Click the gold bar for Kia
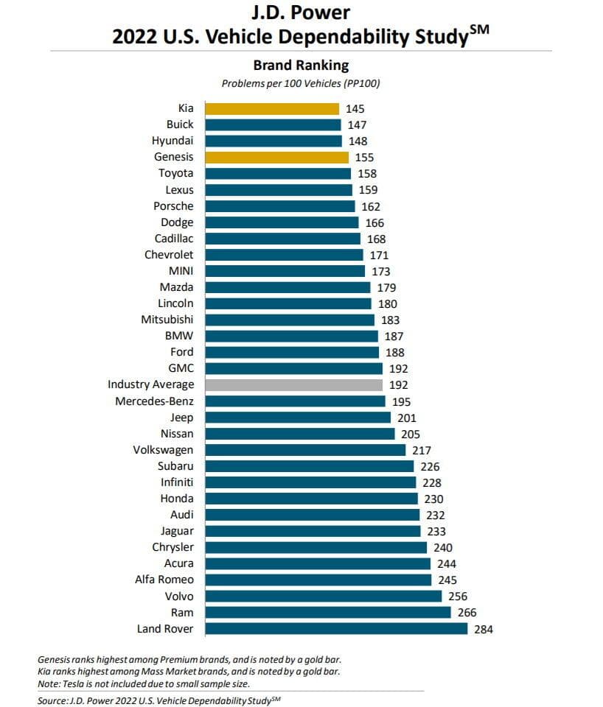click(272, 109)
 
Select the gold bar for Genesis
click(276, 157)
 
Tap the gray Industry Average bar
click(293, 384)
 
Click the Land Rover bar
click(336, 629)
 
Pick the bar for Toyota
click(278, 174)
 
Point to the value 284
click(483, 629)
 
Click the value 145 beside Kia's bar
click(355, 109)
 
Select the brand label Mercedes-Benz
click(155, 401)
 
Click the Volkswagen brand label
click(163, 449)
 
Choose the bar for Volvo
click(323, 597)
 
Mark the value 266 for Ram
click(467, 613)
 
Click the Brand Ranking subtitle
click(301, 65)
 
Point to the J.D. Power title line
click(301, 13)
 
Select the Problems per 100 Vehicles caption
click(301, 82)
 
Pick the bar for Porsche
click(279, 206)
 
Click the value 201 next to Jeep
click(406, 418)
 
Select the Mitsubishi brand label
click(167, 320)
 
